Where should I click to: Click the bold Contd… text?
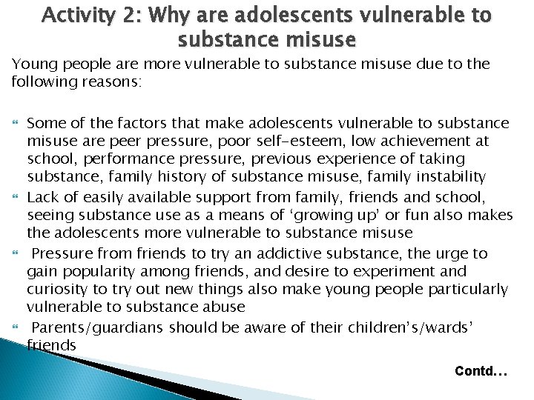pos(481,370)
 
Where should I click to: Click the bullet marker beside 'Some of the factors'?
pos(16,122)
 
